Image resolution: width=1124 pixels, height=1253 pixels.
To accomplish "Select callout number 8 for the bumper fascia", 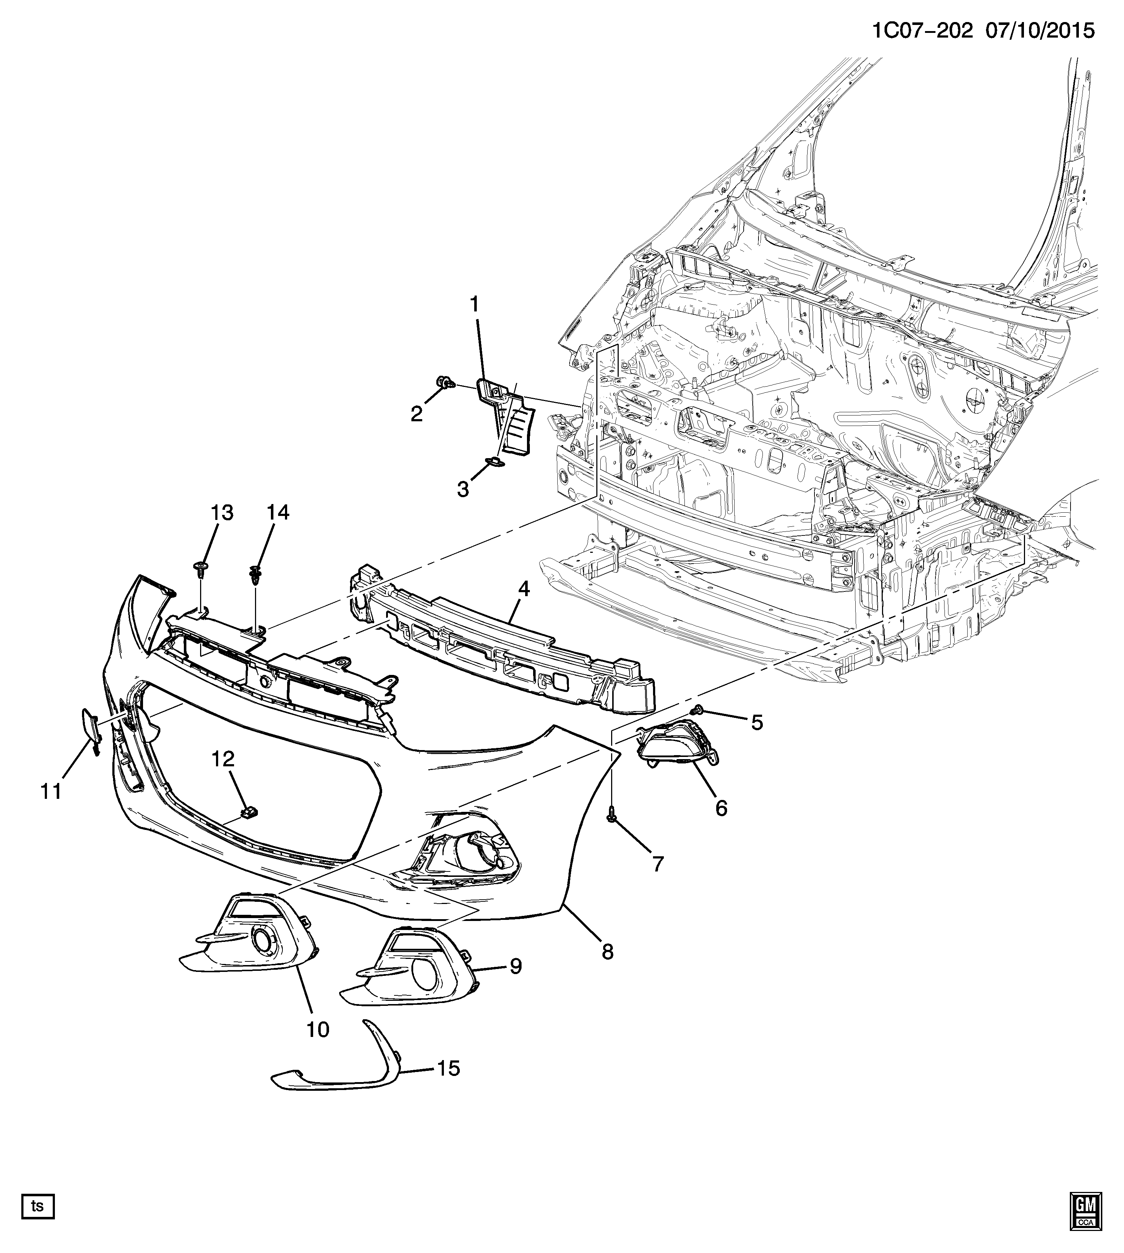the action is [x=608, y=951].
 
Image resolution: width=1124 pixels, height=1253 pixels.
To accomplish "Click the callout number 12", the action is [x=224, y=759].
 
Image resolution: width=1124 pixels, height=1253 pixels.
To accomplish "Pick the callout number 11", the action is [x=51, y=791].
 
